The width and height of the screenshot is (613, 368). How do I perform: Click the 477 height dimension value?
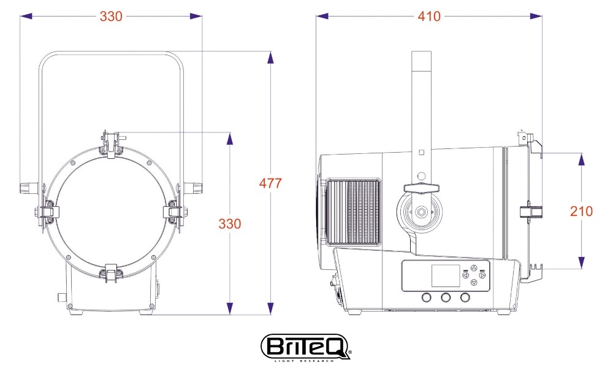[x=270, y=183]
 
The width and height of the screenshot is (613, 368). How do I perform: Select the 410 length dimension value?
[x=429, y=17]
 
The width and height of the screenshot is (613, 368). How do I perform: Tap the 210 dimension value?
[x=581, y=211]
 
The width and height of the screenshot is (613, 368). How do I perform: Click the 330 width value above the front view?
[x=111, y=17]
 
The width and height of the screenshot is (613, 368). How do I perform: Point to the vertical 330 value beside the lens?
[x=229, y=224]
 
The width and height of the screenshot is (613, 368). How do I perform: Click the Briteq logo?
[x=305, y=347]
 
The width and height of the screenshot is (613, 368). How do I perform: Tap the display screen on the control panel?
[x=445, y=276]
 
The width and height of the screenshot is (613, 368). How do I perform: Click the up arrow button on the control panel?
[x=474, y=268]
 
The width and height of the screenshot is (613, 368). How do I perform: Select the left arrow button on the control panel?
[x=466, y=275]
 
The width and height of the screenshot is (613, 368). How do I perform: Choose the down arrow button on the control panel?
[x=474, y=282]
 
